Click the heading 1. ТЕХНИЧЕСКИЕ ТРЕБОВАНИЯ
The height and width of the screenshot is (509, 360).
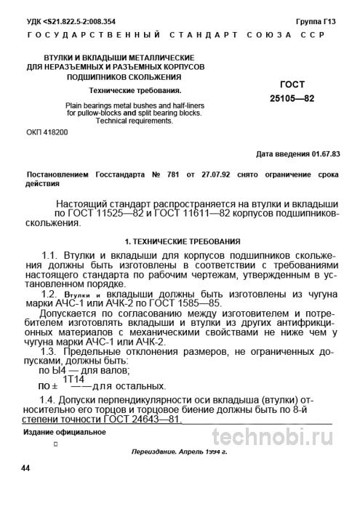tap(179, 240)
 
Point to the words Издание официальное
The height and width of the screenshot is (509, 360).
tap(64, 432)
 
